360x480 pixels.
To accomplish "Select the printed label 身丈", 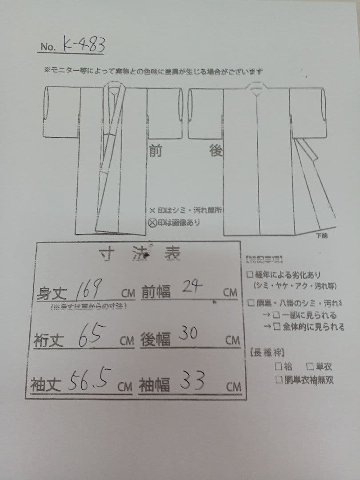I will click(52, 293).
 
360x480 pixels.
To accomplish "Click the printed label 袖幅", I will click(155, 385).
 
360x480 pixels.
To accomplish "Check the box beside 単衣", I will click(310, 367).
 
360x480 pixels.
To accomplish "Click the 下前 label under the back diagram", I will click(321, 236).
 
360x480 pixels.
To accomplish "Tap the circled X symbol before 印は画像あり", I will click(152, 222).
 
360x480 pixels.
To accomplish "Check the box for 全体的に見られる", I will click(276, 327).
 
